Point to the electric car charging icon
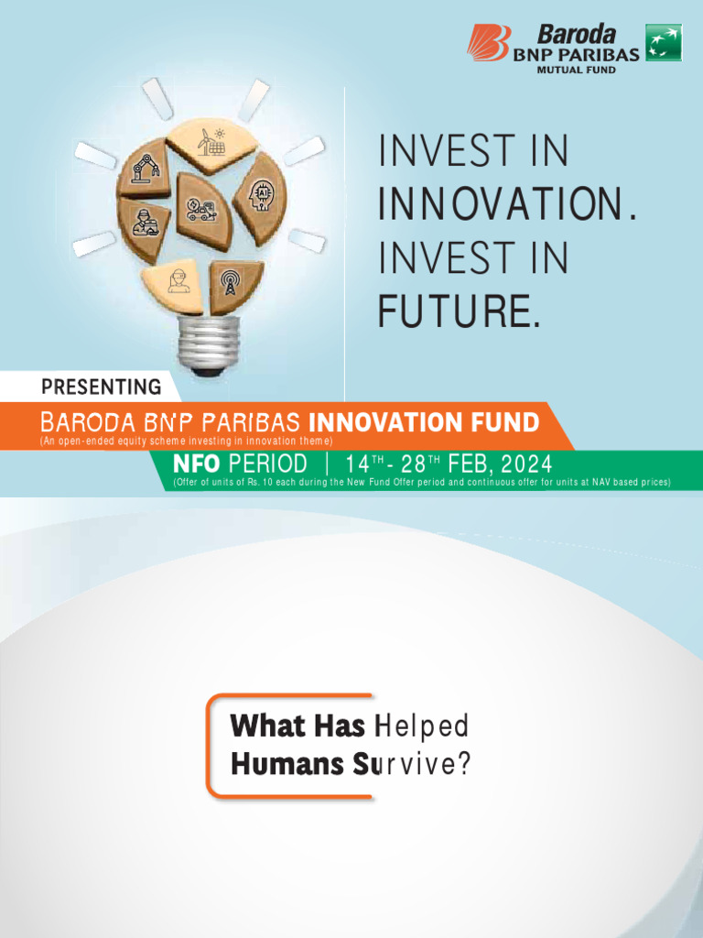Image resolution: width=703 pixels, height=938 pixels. (200, 210)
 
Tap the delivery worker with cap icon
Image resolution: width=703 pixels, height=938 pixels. (146, 223)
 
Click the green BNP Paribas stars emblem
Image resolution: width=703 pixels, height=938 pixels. (664, 43)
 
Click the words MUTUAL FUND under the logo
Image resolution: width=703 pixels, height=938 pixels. (576, 70)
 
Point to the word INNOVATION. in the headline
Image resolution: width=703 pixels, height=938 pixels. (506, 204)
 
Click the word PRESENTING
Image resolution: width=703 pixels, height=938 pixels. (101, 387)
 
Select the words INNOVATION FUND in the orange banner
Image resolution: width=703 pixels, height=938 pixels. (424, 422)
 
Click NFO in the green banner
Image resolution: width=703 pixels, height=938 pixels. (196, 464)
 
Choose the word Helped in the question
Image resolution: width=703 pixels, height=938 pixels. (422, 726)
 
